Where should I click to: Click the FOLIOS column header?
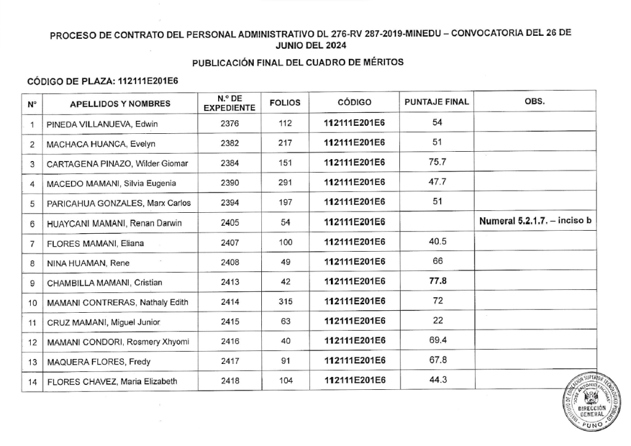tap(285, 102)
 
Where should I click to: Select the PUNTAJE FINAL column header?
tap(436, 102)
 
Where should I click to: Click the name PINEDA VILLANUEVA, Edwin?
tap(102, 124)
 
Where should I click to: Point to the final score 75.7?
tap(437, 162)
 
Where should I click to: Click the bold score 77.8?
tap(437, 281)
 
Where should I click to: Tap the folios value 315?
tap(285, 302)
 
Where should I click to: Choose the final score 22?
tap(437, 320)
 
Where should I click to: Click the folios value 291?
tap(285, 183)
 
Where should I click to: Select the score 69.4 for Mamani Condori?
tap(437, 340)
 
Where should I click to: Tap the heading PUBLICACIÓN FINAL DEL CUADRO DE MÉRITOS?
tap(298, 63)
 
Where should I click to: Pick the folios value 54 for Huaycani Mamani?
tap(285, 223)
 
